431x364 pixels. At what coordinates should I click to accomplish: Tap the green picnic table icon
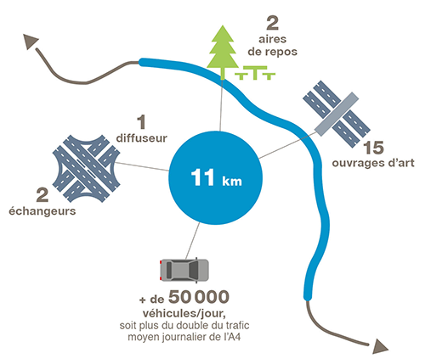tap(255, 73)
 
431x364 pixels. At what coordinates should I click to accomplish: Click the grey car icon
tap(184, 270)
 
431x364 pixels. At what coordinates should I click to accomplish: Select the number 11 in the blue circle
tap(202, 177)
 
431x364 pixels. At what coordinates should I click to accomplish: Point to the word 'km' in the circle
tap(232, 181)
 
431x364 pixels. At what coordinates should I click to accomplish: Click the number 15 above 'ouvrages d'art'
tap(374, 148)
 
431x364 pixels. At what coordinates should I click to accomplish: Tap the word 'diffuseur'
tap(142, 138)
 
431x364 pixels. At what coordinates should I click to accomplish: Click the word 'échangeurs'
tap(43, 211)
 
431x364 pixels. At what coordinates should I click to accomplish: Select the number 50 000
tap(199, 297)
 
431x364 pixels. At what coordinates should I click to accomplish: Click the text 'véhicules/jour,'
tap(184, 313)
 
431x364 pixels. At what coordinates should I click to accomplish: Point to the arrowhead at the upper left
tap(30, 42)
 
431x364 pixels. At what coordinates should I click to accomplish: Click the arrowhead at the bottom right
tap(379, 346)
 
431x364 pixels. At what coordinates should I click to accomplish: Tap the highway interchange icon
tap(86, 168)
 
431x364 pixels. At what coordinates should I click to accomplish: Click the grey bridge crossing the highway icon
tap(337, 114)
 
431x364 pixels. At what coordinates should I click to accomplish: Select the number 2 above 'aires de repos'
tap(273, 23)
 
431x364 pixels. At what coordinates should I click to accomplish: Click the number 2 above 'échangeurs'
tap(43, 195)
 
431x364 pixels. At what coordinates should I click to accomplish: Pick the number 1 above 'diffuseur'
tap(141, 122)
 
